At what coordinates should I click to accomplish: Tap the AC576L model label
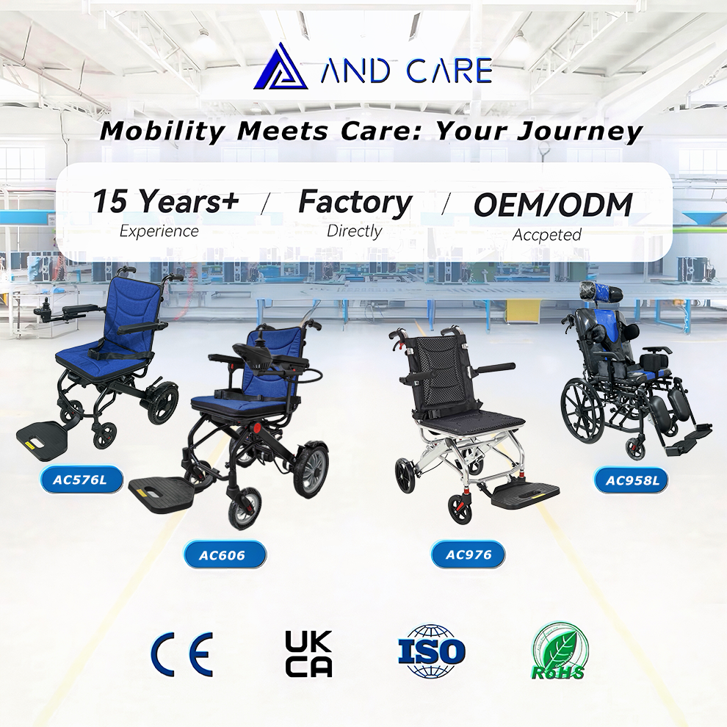click(81, 480)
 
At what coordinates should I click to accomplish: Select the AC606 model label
click(225, 554)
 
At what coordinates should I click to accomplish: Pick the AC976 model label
click(468, 554)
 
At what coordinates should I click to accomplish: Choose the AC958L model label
click(632, 480)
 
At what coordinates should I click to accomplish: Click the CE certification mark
click(182, 654)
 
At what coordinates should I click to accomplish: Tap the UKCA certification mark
click(308, 654)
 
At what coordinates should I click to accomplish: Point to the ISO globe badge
click(431, 651)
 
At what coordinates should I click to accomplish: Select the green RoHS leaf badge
click(559, 651)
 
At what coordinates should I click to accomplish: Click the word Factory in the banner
click(355, 203)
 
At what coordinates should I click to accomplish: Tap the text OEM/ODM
click(553, 204)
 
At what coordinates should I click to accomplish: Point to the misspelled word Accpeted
click(546, 234)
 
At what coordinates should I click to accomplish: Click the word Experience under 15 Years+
click(159, 231)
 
